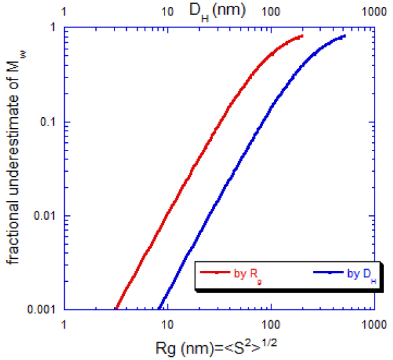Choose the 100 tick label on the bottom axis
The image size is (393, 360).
(x=271, y=324)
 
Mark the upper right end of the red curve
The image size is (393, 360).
(x=302, y=37)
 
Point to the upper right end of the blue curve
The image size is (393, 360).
(x=345, y=36)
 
